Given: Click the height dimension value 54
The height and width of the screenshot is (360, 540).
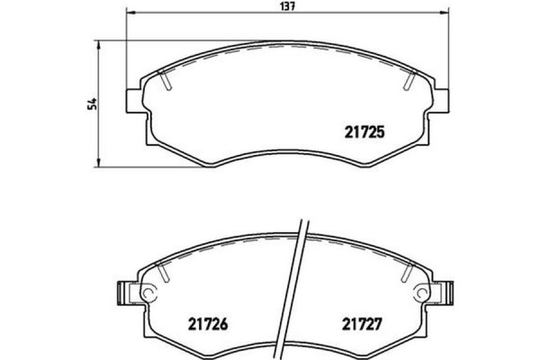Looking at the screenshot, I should [x=91, y=103].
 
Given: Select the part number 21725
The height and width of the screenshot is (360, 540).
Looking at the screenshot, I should [x=365, y=130].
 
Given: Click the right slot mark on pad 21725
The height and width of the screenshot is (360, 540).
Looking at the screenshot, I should [x=408, y=82].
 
